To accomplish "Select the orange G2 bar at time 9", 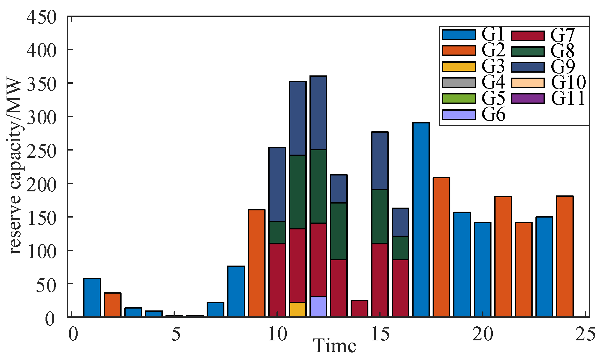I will tap(256, 263).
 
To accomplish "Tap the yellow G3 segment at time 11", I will tap(298, 310).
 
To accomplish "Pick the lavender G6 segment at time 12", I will tap(318, 307).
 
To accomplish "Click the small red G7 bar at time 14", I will tap(359, 309).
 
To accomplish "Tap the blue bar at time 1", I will tap(92, 298).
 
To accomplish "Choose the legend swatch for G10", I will tap(528, 83).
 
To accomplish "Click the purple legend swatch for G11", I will tap(528, 98).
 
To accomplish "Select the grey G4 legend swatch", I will tap(459, 83).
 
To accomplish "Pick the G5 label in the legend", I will tap(493, 98).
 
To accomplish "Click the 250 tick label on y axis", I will tap(41, 151).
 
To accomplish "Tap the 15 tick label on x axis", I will tap(380, 334).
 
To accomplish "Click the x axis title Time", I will tap(334, 346).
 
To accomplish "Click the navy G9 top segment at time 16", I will tap(400, 222).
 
